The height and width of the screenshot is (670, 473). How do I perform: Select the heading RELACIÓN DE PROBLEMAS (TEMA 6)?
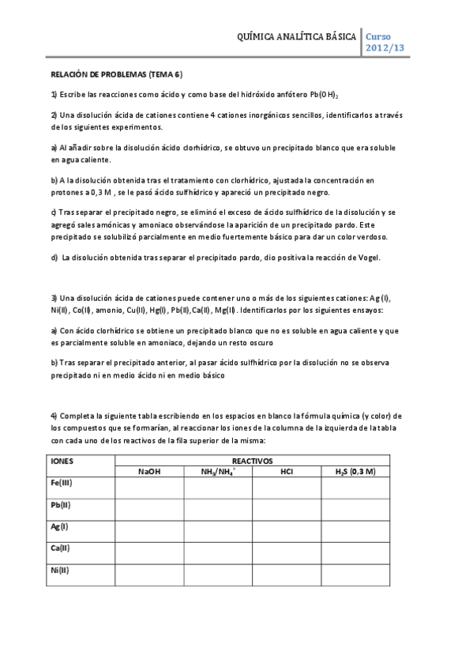[x=116, y=75]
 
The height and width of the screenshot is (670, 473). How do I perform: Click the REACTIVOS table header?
[x=252, y=459]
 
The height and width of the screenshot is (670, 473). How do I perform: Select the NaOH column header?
[x=149, y=472]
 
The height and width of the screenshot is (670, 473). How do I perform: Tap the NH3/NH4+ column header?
[x=219, y=472]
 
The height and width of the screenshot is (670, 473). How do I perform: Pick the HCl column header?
[x=287, y=472]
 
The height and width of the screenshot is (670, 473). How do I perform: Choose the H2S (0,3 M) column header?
[x=355, y=472]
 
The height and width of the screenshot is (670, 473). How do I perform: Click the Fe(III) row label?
[x=62, y=483]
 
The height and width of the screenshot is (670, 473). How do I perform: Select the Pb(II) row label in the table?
[x=62, y=505]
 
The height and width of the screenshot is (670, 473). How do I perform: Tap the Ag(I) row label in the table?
[x=60, y=526]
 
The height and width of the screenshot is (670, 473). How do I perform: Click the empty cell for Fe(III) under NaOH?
[x=149, y=489]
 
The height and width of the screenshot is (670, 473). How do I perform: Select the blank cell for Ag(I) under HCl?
[x=287, y=533]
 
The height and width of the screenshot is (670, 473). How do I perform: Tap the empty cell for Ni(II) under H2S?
[x=355, y=575]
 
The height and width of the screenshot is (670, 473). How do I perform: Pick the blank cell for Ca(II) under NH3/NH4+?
[x=219, y=554]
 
